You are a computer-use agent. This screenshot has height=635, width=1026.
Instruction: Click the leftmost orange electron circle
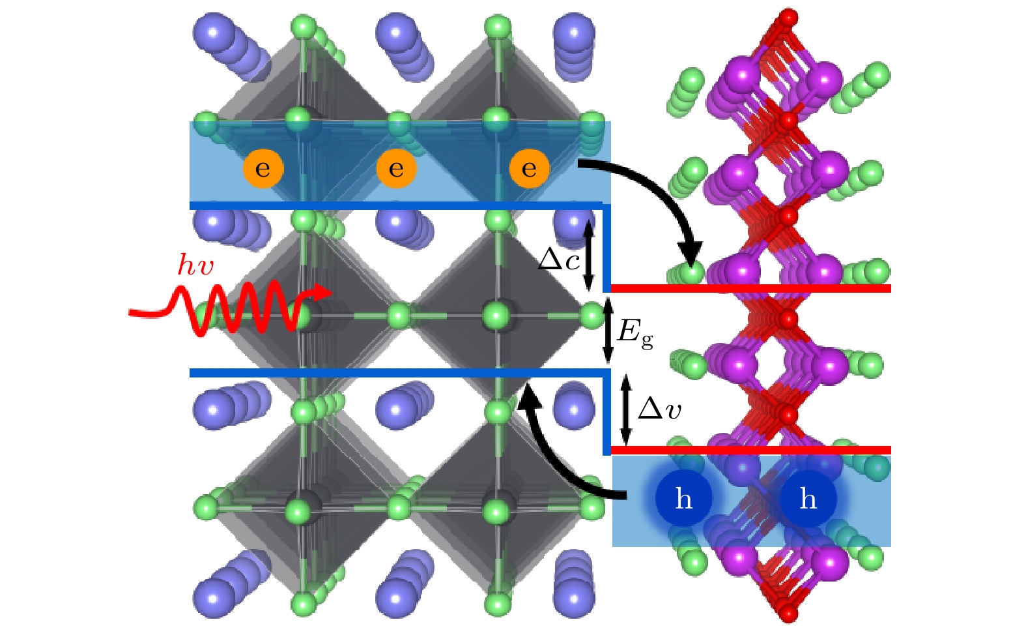tap(263, 169)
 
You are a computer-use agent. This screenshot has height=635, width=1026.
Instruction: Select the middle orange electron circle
tap(397, 169)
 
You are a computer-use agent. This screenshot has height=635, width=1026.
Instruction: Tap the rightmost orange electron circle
tap(530, 169)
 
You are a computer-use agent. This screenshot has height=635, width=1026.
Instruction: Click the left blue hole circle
tap(684, 498)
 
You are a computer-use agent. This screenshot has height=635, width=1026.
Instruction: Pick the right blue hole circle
tap(808, 498)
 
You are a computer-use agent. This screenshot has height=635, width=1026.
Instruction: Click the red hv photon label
tap(195, 265)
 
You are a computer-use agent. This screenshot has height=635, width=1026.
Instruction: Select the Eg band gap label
tap(635, 333)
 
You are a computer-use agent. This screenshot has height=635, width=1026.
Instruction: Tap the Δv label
tap(659, 409)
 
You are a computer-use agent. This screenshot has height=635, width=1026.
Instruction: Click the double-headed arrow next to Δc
tap(589, 255)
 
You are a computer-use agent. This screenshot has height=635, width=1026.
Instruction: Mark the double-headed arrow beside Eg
tap(608, 331)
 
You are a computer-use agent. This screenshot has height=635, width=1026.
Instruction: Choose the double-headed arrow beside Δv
tap(625, 410)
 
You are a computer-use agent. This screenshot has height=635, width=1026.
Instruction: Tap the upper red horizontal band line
tap(751, 288)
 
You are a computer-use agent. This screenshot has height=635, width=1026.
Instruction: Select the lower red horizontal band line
tap(751, 450)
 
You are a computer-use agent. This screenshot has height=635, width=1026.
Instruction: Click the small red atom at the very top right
tap(789, 18)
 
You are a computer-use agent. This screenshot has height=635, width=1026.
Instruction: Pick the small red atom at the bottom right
tap(789, 613)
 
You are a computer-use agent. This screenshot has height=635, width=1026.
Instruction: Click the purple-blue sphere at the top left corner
tap(214, 32)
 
